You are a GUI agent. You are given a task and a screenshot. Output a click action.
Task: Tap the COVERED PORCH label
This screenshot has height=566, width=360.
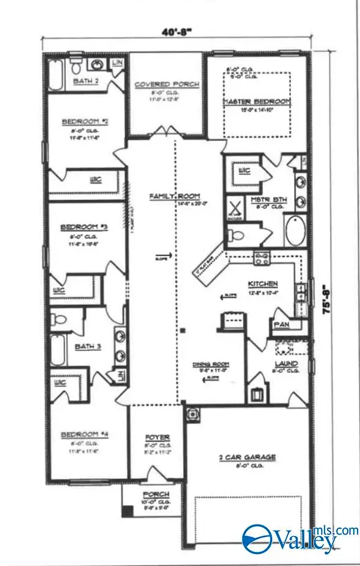tap(167, 84)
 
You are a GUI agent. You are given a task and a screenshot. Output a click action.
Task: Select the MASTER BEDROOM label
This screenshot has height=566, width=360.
tap(256, 101)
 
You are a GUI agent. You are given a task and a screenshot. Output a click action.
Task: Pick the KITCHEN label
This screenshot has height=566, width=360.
tap(263, 284)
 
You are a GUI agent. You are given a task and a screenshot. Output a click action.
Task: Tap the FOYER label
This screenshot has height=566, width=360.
tap(157, 437)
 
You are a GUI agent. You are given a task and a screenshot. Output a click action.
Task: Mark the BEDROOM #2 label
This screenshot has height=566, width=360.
tap(85, 121)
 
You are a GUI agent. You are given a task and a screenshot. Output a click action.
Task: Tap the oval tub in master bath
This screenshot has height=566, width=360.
tap(295, 231)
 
